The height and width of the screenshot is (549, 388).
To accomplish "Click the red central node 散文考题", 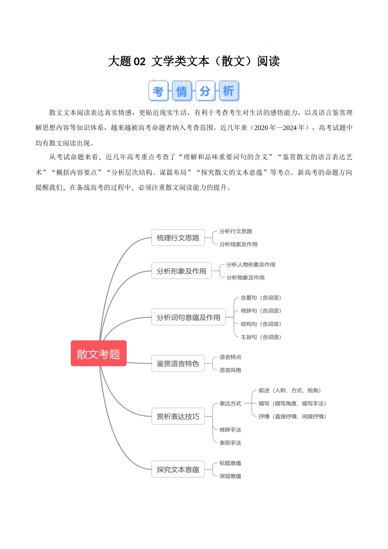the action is [98, 353].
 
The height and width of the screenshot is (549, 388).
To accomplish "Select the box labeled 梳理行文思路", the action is [178, 237].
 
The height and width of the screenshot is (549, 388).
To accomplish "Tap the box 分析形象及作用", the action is [181, 270].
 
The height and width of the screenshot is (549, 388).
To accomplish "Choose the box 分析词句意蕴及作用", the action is [188, 317].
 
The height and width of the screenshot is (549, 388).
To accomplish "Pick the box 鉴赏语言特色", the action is [178, 363].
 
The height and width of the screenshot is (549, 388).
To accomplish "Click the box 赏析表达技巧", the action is [178, 416].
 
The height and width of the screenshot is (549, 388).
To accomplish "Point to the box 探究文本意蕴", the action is [178, 469].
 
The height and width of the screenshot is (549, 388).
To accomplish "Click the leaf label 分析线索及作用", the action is [238, 244].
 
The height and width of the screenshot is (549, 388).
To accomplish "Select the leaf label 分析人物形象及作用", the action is [251, 264].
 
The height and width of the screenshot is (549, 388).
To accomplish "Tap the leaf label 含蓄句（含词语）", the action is [261, 297].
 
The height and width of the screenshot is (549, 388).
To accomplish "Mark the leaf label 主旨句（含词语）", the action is [261, 337].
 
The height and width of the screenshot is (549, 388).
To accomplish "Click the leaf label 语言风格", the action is [230, 370].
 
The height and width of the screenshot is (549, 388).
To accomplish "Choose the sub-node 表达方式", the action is [230, 404].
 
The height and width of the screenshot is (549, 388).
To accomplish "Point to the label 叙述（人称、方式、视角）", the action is [290, 391].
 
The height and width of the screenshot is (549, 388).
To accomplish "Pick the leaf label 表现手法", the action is [230, 443].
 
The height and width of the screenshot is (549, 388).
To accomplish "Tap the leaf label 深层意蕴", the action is [230, 476].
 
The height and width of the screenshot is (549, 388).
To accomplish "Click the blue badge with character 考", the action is [158, 91].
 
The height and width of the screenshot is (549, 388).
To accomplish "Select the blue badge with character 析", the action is [229, 91].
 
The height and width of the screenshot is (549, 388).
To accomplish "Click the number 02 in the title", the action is [140, 61].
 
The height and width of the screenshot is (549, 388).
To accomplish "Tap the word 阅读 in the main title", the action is [268, 61].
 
